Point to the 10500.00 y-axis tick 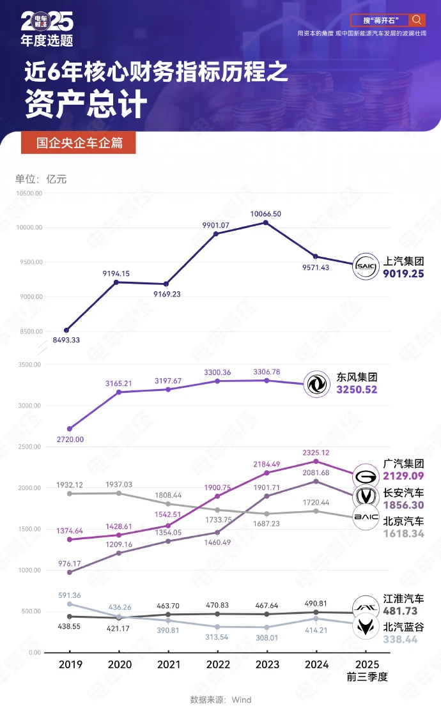29,193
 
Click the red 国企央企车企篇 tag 79,143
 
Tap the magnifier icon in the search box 417,20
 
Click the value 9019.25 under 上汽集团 403,273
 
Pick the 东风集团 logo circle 315,384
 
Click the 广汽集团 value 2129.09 403,475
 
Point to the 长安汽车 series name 403,493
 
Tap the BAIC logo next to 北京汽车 366,517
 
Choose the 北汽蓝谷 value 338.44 403,639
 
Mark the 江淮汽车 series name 403,599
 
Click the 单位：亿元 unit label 41,179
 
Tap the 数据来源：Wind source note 220,700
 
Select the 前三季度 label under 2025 367,677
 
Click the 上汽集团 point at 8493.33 66,330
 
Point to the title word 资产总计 86,105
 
